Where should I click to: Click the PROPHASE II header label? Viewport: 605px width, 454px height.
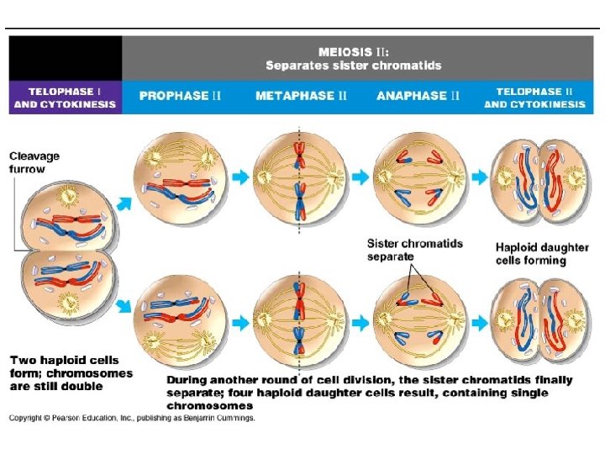(x=180, y=96)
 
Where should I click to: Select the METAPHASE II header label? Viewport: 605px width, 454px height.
(x=301, y=96)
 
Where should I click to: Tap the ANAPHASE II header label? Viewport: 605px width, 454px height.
(x=418, y=96)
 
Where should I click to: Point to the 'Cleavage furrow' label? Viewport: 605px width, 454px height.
(x=34, y=162)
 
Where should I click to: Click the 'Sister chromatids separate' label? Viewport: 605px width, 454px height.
(x=414, y=250)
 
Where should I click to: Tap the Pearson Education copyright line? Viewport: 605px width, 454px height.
(x=132, y=417)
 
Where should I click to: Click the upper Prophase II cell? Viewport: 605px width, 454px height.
(x=180, y=178)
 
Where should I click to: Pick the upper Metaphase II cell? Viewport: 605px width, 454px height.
(x=300, y=178)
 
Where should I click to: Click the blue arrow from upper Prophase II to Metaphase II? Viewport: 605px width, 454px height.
(x=240, y=177)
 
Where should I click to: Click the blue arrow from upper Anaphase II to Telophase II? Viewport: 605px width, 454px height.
(x=480, y=177)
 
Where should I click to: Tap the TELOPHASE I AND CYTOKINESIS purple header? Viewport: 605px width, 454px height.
(x=65, y=97)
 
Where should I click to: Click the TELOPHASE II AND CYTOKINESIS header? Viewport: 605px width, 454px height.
(x=534, y=97)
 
